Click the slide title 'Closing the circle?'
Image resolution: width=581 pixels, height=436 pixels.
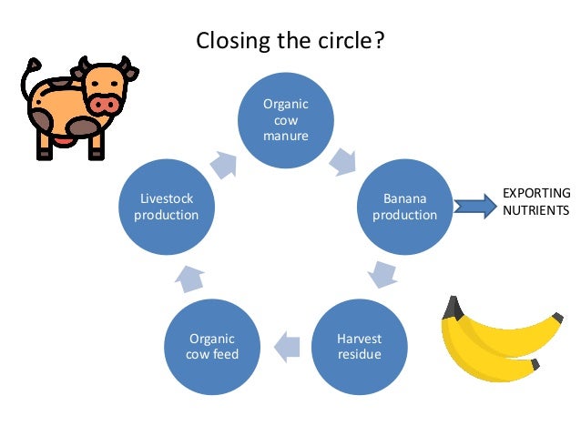pos(290,42)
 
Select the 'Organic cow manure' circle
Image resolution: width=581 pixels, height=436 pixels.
pos(285,121)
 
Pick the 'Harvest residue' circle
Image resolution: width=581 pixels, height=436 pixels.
pos(359,346)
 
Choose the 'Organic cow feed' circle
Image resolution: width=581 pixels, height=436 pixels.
pos(213,346)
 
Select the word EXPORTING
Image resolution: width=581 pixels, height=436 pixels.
pos(536,193)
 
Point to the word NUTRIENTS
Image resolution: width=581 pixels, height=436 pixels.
pos(536,210)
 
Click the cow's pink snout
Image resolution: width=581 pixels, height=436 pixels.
pos(106,104)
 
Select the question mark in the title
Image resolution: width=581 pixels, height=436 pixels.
pos(379,42)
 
